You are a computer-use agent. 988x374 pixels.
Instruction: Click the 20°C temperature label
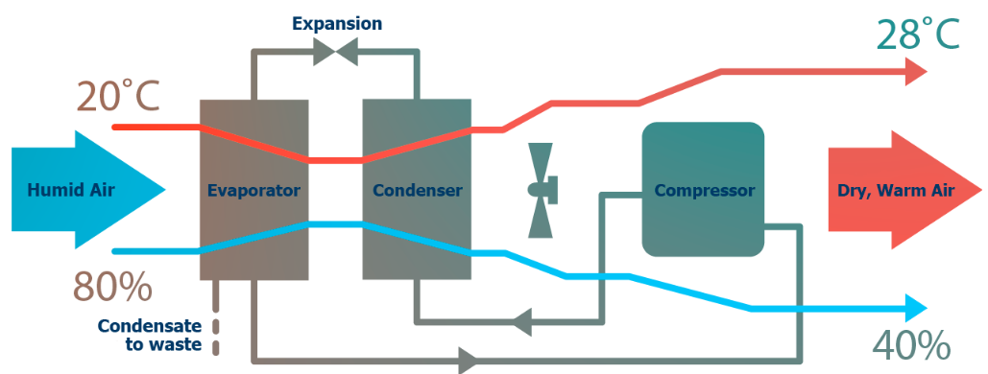coord(117,97)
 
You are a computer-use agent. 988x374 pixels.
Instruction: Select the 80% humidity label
coord(112,287)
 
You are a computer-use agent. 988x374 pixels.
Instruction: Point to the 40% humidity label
coord(910,344)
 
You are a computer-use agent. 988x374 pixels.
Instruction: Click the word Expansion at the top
coord(337,23)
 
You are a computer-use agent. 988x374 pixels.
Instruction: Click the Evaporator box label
coord(253,190)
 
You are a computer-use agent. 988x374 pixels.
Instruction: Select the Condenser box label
coord(417,190)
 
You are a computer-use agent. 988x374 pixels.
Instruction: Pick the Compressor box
coord(704,190)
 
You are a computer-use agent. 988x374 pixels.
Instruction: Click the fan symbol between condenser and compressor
coord(542,190)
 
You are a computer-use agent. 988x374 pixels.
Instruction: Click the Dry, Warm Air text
coord(896,190)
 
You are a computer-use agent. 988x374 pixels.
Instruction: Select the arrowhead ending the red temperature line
coord(915,71)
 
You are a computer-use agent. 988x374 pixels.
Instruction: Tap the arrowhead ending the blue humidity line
coord(915,309)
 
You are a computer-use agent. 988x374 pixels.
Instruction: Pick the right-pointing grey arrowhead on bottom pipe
coord(468,361)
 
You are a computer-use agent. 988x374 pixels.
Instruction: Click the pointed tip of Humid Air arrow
coord(164,190)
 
